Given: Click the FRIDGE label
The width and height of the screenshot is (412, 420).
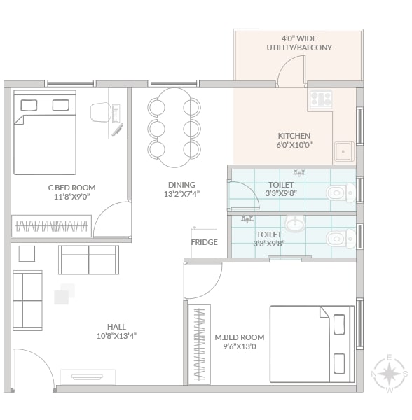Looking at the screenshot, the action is [x=204, y=242].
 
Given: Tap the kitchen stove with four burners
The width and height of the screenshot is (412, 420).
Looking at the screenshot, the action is [x=321, y=99].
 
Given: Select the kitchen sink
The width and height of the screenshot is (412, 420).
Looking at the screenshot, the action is [x=344, y=152].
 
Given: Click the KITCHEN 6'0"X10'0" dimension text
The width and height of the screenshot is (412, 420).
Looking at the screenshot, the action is [x=294, y=145].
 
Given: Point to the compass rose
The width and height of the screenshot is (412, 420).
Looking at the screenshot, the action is [x=390, y=374].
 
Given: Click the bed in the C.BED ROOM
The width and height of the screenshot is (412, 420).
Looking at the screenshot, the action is [x=45, y=132].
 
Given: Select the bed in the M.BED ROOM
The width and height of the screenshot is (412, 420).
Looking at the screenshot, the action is [x=312, y=344].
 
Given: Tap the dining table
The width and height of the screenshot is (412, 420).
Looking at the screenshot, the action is [x=174, y=128].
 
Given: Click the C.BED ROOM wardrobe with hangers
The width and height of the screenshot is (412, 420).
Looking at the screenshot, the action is [x=51, y=226].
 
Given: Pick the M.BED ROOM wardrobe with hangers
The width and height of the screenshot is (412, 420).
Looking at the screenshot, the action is [x=199, y=344].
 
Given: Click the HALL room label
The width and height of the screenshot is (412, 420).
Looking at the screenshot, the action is [x=116, y=327].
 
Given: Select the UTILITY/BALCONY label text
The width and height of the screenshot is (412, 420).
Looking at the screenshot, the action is [x=299, y=48].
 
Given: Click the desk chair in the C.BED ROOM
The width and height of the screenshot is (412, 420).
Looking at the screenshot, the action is [x=101, y=112].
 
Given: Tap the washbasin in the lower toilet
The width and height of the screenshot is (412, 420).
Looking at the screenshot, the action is [x=295, y=223].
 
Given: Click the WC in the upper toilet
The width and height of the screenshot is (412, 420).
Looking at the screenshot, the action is [x=341, y=192].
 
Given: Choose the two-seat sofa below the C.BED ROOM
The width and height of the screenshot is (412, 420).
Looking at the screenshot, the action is [x=89, y=260].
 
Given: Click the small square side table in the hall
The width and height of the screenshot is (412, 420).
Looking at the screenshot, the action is [x=27, y=253].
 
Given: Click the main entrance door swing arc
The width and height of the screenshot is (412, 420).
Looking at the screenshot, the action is [x=42, y=360].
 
